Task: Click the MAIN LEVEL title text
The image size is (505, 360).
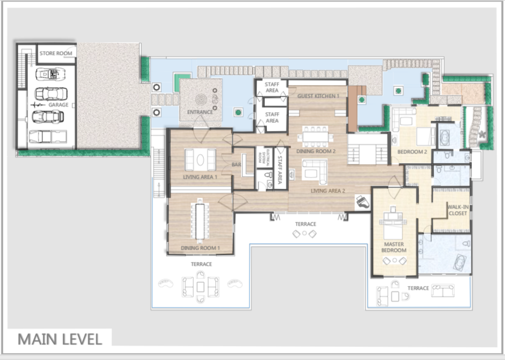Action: click(59, 339)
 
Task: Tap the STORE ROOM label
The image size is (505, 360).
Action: click(56, 53)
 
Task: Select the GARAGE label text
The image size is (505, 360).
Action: click(58, 105)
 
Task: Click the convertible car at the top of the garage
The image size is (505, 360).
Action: click(49, 73)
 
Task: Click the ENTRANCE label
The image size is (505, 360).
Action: click(200, 112)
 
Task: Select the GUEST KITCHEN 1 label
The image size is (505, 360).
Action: click(318, 96)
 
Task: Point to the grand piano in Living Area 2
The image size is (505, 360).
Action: click(363, 202)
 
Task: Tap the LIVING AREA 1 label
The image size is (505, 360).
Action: click(200, 177)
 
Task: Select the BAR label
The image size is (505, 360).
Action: click(236, 165)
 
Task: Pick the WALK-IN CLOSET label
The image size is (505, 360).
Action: click(457, 210)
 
